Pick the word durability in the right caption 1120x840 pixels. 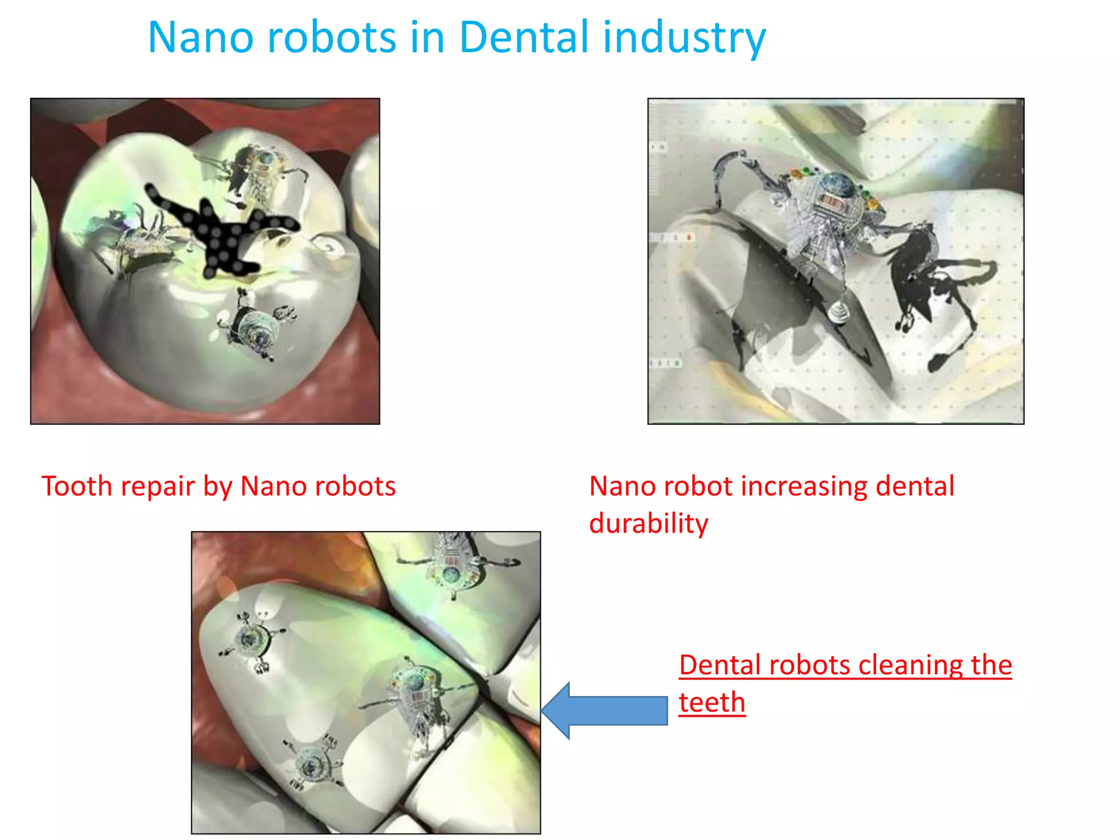pos(648,524)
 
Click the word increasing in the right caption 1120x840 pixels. pos(803,486)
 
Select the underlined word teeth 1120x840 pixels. pos(711,702)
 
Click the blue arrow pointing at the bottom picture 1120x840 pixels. pos(604,710)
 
